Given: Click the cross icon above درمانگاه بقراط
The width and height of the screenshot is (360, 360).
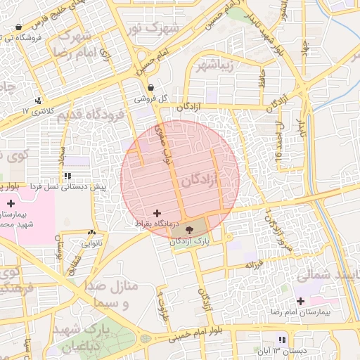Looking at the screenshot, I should tap(156, 212).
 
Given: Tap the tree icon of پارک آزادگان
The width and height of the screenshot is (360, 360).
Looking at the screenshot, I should tap(188, 229).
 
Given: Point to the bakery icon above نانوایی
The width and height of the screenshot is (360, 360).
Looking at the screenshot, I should tap(91, 233).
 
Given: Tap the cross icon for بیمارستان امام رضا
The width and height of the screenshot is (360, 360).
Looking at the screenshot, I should tap(301, 302).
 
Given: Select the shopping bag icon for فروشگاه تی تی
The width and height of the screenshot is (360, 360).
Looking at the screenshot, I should tap(18, 27).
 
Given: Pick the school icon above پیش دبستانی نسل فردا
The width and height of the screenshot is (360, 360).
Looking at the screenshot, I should tap(67, 176).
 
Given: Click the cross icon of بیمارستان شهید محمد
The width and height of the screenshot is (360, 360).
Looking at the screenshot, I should tap(10, 203).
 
